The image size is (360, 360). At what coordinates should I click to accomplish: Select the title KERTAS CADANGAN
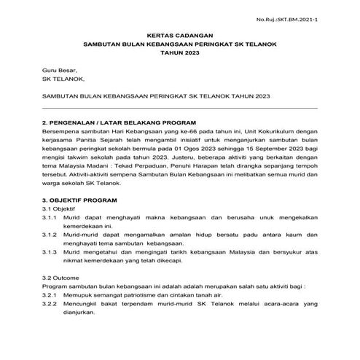(x=179, y=35)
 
